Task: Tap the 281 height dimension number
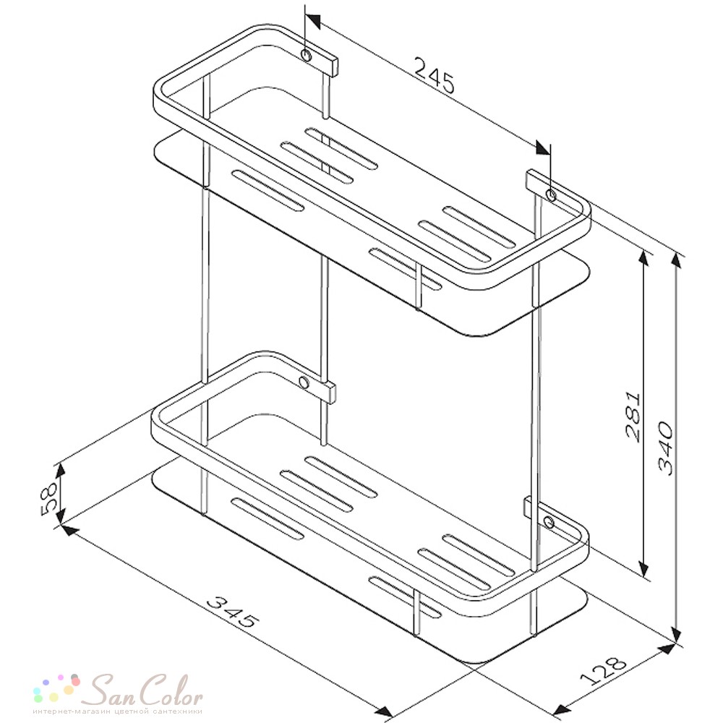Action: (633, 417)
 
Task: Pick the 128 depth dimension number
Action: (604, 669)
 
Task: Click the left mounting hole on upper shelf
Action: (306, 56)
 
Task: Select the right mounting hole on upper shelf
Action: (550, 195)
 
